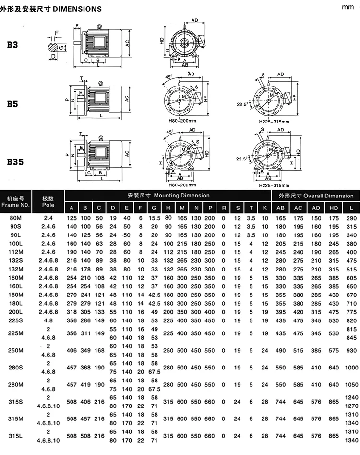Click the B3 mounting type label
[12, 45]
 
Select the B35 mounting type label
[15, 161]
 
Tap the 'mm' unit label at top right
[348, 7]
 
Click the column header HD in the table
[334, 208]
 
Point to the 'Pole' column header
[48, 205]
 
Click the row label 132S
[16, 260]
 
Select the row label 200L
[16, 312]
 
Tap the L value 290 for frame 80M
[351, 218]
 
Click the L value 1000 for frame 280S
[351, 368]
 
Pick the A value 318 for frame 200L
[72, 312]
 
